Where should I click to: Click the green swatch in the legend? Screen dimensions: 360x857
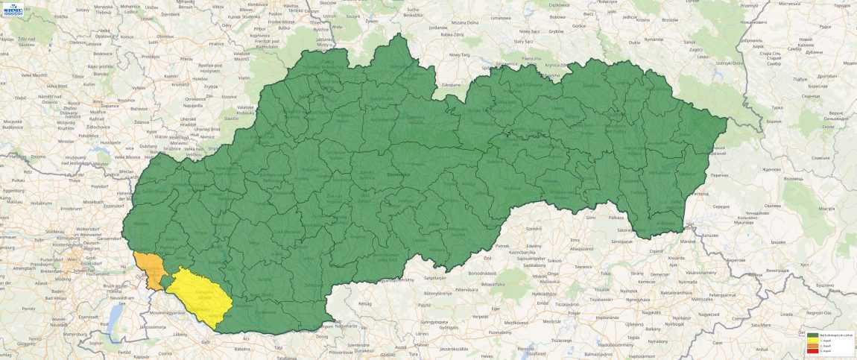pos(812,336)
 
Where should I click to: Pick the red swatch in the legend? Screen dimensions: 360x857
pos(812,350)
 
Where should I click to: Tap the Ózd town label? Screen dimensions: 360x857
pos(487,258)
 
